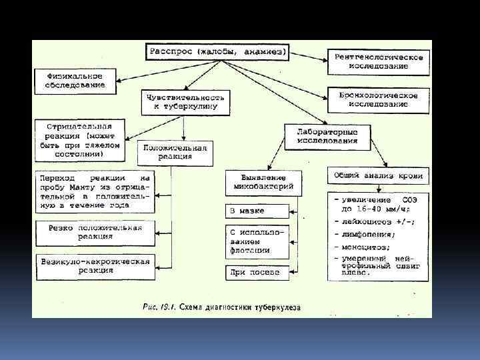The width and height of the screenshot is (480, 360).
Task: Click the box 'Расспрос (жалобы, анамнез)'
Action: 217,51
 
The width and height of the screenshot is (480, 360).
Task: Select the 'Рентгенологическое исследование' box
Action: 378,62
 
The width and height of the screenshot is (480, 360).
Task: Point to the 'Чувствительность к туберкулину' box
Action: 187,101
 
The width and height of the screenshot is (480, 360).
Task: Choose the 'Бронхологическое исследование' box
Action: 378,99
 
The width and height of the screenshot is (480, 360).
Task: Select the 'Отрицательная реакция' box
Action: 80,140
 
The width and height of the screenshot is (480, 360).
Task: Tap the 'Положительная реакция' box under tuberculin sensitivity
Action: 175,153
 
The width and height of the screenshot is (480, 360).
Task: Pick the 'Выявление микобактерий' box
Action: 264,182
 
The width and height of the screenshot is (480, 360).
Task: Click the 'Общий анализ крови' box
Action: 378,176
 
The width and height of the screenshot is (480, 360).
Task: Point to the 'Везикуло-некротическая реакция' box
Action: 95,265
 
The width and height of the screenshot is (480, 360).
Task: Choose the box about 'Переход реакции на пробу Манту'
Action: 95,193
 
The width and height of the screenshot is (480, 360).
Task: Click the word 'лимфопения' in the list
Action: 364,234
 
